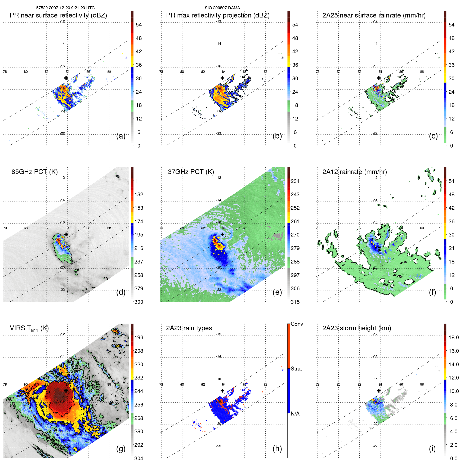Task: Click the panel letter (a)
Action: coord(121,136)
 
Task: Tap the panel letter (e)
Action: coord(277,292)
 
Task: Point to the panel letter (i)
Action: coord(432,449)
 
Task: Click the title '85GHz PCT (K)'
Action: coord(34,172)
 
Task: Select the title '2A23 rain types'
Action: coord(189,328)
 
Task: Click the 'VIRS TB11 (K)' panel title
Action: coord(29,328)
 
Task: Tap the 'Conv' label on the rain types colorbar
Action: coord(297,324)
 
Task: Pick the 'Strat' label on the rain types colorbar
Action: coord(296,369)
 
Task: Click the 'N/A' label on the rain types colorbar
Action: coord(295,414)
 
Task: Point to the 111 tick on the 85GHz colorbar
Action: coord(139,181)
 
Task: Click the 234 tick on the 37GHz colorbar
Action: coord(295,181)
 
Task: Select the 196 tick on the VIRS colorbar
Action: coord(139,337)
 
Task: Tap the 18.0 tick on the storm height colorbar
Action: coord(453,337)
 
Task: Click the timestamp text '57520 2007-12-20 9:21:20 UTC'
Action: coord(65,8)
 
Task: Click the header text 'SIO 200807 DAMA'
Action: coord(222,8)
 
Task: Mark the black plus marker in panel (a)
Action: coord(66,78)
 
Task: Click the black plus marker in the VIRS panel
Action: coord(66,391)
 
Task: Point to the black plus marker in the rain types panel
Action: coord(222,391)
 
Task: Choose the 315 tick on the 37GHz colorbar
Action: coord(295,302)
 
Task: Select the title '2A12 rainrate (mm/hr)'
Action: coord(355,172)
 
